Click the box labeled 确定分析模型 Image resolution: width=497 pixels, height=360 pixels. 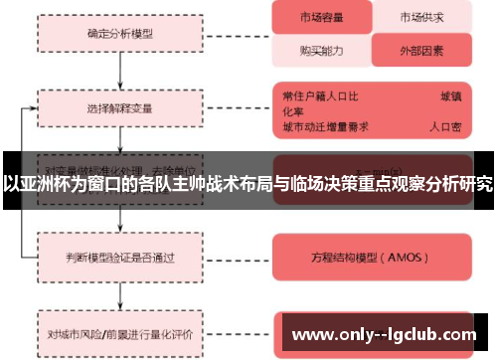120,32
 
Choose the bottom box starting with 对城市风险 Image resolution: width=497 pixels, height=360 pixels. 120,322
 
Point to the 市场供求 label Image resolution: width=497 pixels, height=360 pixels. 420,17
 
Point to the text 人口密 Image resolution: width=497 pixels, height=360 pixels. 444,127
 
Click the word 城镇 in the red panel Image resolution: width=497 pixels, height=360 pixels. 450,95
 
